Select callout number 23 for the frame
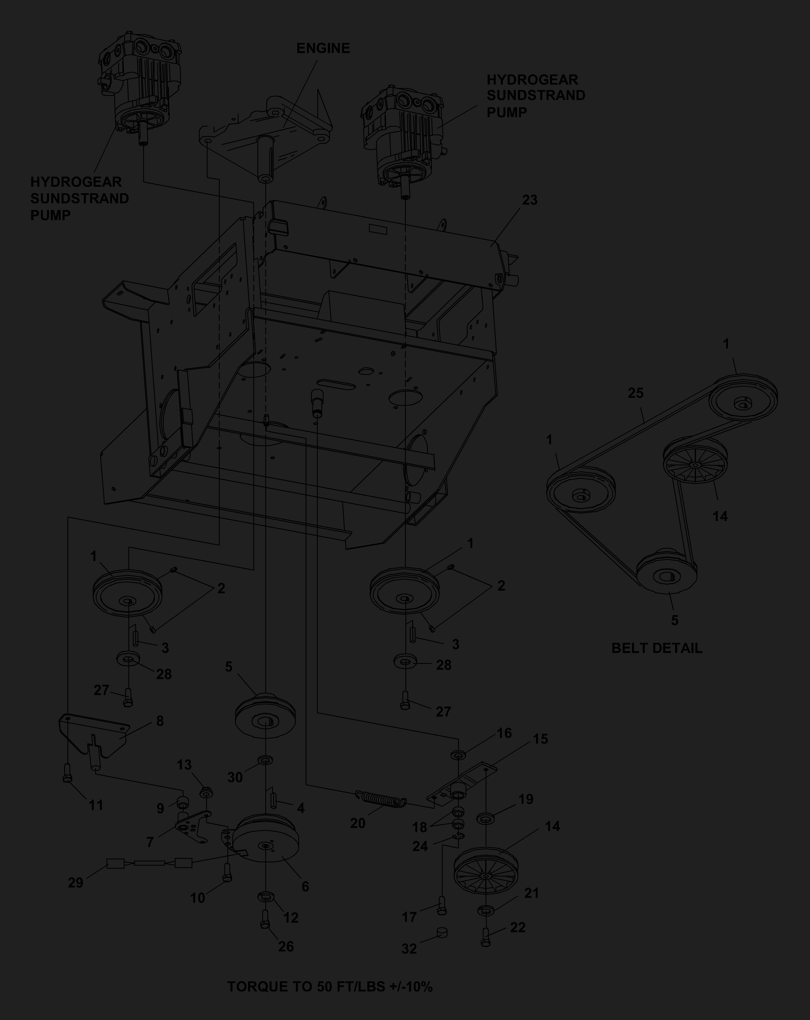[x=530, y=200]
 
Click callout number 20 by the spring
[x=358, y=824]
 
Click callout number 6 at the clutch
[x=305, y=887]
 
